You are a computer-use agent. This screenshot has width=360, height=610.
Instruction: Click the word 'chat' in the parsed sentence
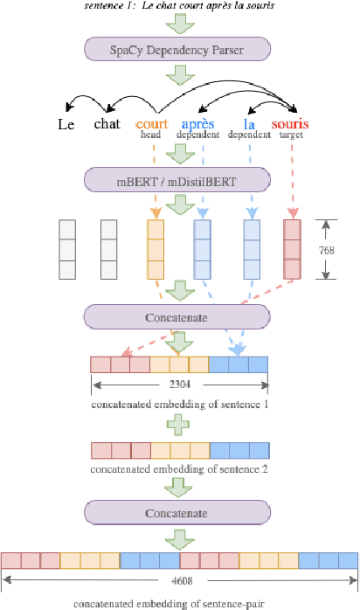[x=107, y=124]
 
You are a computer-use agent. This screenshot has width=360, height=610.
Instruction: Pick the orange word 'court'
[x=153, y=124]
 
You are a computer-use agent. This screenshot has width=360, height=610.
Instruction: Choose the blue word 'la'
[x=249, y=124]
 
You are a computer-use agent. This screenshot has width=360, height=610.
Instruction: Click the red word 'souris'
[x=290, y=124]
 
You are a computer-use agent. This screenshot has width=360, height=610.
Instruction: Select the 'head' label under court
[x=151, y=135]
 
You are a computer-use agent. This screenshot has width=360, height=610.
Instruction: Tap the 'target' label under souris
[x=291, y=135]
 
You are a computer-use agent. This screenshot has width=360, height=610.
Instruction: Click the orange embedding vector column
[x=155, y=249]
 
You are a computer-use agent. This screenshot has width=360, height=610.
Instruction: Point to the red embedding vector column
[x=293, y=249]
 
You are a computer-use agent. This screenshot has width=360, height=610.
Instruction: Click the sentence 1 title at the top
[x=179, y=5]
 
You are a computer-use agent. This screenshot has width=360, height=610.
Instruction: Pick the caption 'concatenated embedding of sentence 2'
[x=179, y=469]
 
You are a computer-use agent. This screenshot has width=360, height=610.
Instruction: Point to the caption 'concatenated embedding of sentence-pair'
[x=179, y=602]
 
